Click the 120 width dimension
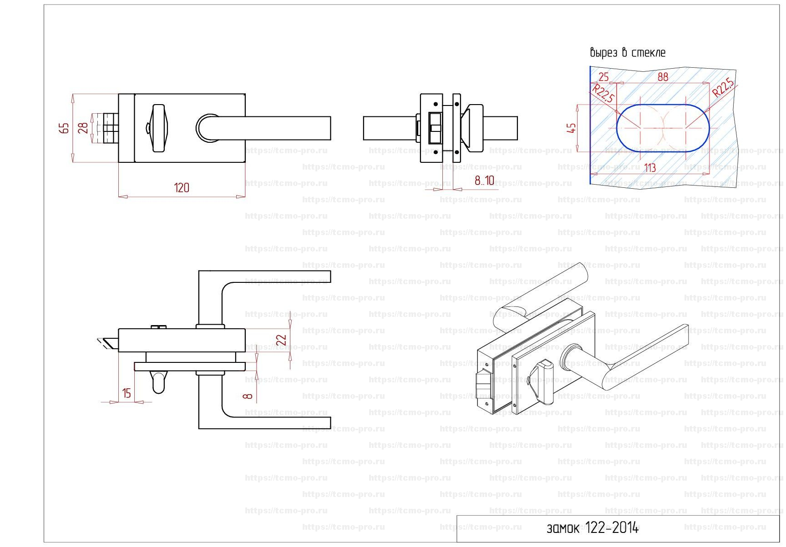tap(182, 188)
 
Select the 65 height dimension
tap(65, 128)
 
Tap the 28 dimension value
tap(83, 128)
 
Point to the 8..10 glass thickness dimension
tap(484, 181)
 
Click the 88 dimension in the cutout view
tap(663, 77)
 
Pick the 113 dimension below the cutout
tap(650, 168)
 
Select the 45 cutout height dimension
tap(572, 128)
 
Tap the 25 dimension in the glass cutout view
tap(603, 77)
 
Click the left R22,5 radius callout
tap(603, 93)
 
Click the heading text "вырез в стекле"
tap(628, 53)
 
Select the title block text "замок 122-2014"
tap(593, 528)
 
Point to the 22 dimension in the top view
tap(282, 340)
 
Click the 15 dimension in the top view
tap(127, 393)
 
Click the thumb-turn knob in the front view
tap(159, 128)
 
